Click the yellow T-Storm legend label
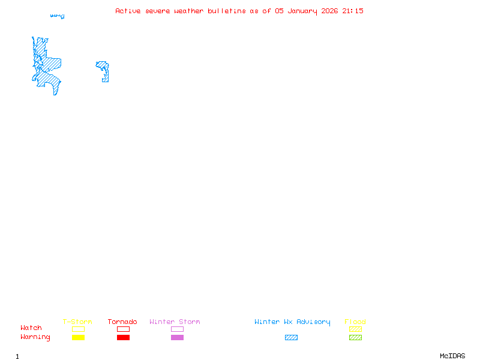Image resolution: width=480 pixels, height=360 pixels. pos(77,322)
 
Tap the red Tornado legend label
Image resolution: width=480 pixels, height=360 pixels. pos(122,322)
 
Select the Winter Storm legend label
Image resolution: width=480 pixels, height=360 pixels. pos(175,322)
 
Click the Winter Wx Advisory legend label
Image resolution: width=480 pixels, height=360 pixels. pos(292,322)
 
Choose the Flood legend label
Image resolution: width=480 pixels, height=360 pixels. pos(355,322)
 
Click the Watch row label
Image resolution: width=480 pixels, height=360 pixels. pos(31,328)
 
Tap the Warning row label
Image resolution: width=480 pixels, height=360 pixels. pos(35,337)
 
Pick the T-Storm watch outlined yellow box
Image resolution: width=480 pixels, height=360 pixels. pos(78,329)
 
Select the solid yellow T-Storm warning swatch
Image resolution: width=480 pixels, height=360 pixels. pos(78,338)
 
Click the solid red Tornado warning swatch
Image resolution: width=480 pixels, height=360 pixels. pos(123,338)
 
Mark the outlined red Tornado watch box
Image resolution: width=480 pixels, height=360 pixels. pos(123,329)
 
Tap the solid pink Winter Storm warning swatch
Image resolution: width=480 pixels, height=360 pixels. pos(177,338)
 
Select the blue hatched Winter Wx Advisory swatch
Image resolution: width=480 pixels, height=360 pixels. pos(291,338)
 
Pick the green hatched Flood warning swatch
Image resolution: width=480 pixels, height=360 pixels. pos(355,338)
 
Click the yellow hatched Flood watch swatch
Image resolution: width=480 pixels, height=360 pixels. pos(355,329)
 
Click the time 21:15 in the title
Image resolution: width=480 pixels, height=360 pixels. pos(353,11)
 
